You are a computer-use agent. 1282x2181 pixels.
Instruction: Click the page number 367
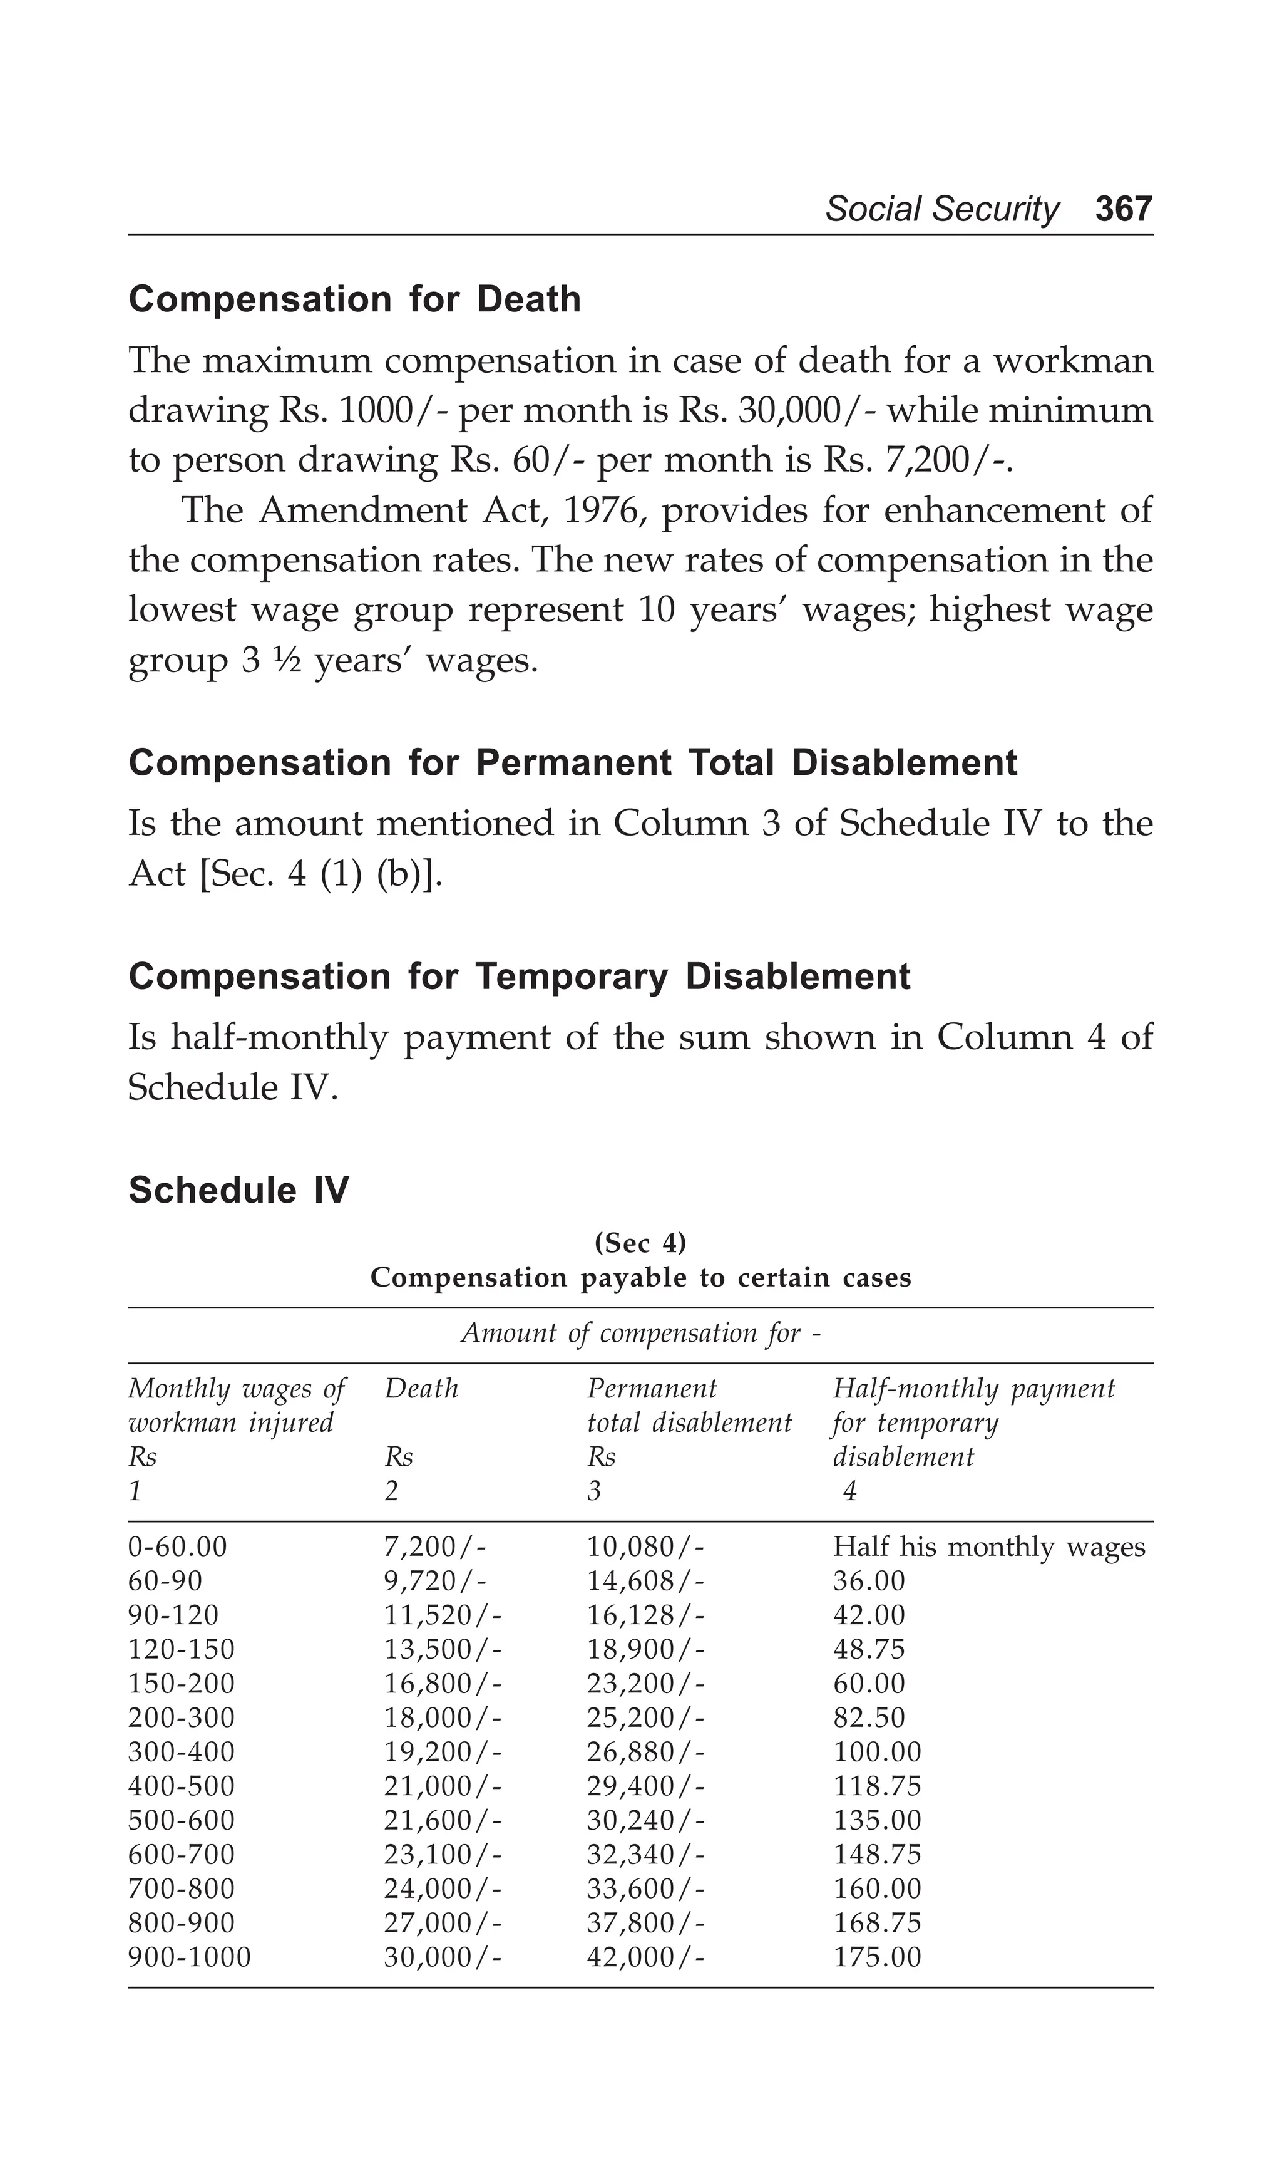coord(1123,209)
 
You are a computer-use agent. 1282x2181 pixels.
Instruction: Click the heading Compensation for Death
coord(355,299)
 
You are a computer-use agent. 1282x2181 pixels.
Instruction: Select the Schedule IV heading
coord(238,1190)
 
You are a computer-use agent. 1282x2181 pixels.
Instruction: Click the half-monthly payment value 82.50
coord(868,1718)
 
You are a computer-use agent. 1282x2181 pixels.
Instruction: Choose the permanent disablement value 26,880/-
coord(645,1752)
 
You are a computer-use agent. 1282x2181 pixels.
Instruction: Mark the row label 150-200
coord(182,1683)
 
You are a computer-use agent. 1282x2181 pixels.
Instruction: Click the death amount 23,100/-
coord(442,1855)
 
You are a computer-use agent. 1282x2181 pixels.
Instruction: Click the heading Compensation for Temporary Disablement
coord(519,977)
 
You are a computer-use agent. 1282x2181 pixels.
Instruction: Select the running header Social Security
coord(941,209)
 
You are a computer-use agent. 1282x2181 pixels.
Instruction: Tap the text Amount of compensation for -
coord(640,1333)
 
